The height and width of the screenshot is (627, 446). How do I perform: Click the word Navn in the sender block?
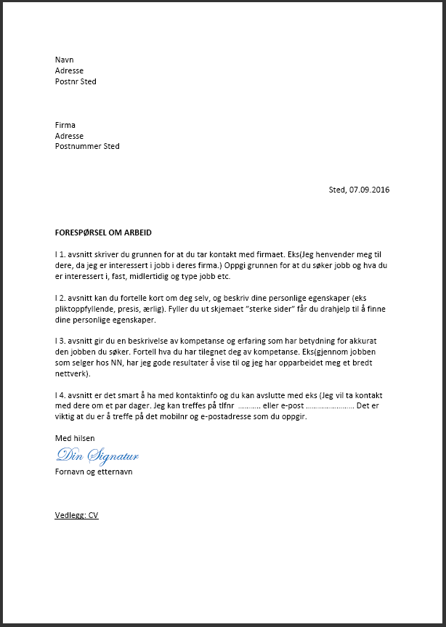point(65,60)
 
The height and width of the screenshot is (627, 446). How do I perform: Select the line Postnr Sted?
point(76,81)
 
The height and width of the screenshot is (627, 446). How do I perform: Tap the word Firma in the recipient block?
point(65,125)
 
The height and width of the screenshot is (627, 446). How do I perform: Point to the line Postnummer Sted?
point(87,146)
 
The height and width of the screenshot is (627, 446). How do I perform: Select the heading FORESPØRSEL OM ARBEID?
point(108,232)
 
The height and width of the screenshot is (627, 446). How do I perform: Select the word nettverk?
point(73,373)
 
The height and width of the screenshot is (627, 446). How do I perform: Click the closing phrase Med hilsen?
point(75,438)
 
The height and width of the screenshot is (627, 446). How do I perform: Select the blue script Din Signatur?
point(97,456)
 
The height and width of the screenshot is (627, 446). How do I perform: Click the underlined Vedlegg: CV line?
point(76,515)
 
